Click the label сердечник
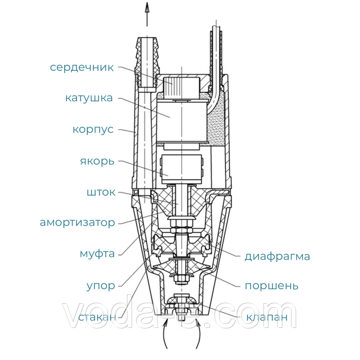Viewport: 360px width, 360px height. (82, 67)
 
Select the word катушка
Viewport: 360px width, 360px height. (89, 98)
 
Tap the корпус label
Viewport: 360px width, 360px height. (93, 130)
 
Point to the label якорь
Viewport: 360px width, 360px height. (97, 161)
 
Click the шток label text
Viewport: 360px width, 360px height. (101, 192)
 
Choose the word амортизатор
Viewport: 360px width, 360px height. (78, 223)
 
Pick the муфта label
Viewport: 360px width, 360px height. (97, 254)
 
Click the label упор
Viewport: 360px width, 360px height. (101, 286)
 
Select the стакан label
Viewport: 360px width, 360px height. (97, 317)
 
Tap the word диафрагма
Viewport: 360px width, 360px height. (277, 256)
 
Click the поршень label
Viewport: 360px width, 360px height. (272, 286)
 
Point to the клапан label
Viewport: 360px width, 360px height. (267, 317)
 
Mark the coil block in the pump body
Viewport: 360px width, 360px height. (182, 121)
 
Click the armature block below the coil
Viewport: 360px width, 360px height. (181, 169)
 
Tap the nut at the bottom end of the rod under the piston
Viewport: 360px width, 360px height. (181, 279)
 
